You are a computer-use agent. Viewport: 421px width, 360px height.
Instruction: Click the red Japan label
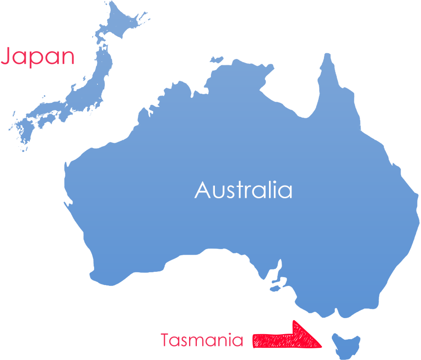point(38,57)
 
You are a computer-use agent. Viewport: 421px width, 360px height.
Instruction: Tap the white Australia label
point(243,189)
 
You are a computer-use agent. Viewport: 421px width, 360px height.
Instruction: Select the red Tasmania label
point(202,340)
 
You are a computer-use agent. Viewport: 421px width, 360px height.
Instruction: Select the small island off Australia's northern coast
point(216,60)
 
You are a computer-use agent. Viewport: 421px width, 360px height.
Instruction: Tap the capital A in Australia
point(203,189)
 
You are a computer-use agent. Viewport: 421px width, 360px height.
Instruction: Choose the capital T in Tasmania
point(166,340)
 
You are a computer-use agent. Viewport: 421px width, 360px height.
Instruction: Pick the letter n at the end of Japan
point(67,57)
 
